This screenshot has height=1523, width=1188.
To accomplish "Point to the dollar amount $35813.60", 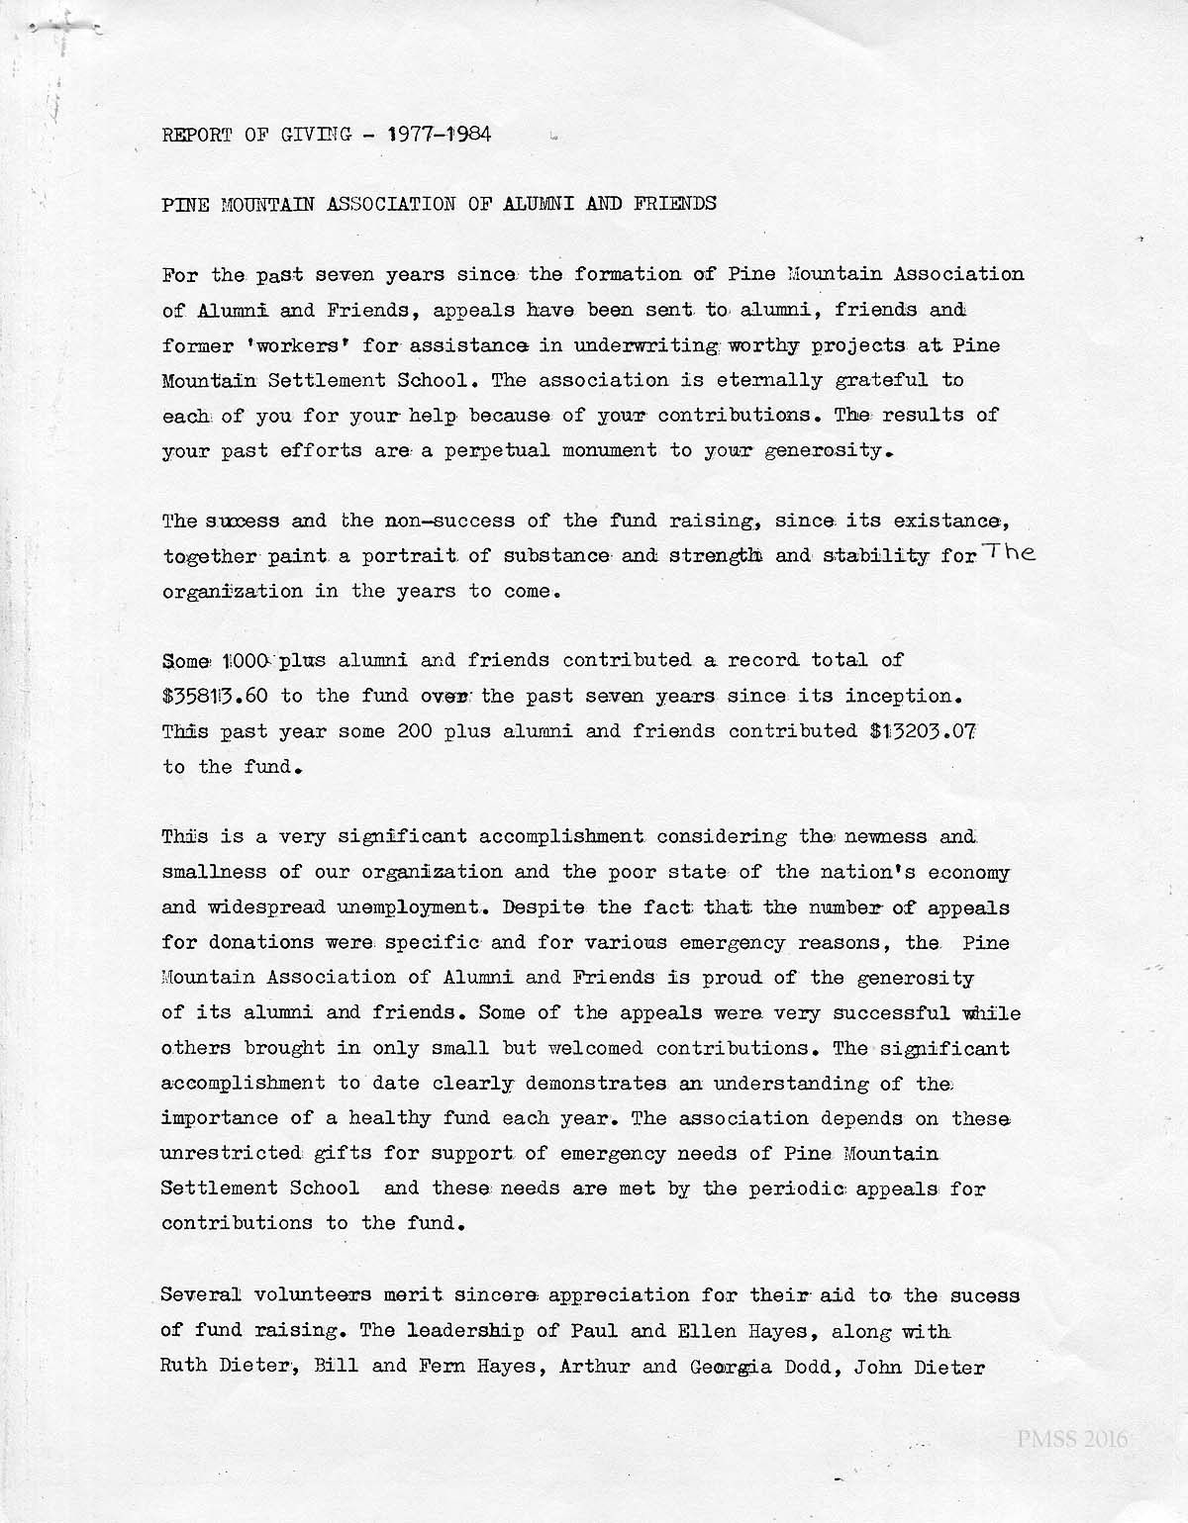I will click(215, 696).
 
